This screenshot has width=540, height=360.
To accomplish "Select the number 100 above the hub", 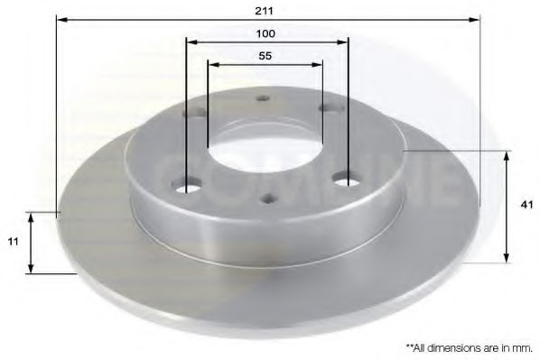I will tap(265, 33).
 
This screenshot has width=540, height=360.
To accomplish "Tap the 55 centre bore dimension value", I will tap(265, 55).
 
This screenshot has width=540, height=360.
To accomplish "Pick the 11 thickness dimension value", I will tap(11, 242).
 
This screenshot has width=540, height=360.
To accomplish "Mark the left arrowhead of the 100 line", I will tap(191, 42).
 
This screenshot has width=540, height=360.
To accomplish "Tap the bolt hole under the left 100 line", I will tap(188, 189).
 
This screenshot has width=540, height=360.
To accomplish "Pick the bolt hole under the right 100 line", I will tap(346, 180).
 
